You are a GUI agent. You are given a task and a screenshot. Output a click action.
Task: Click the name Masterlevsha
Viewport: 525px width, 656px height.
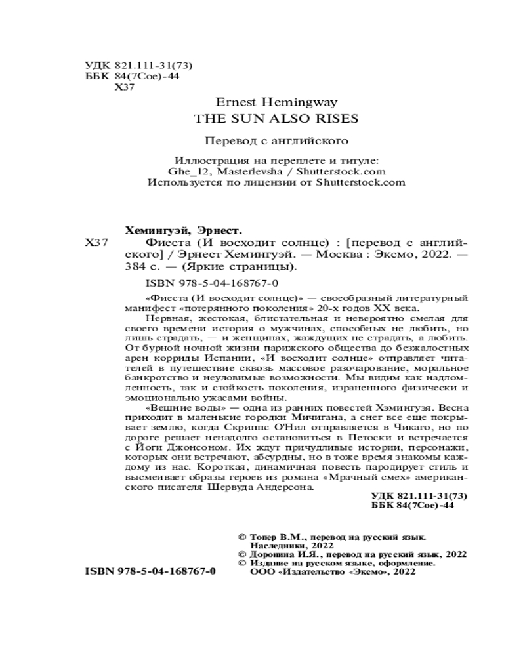tap(249, 173)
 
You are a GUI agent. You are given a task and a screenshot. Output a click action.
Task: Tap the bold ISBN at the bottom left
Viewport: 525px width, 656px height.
tap(151, 571)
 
